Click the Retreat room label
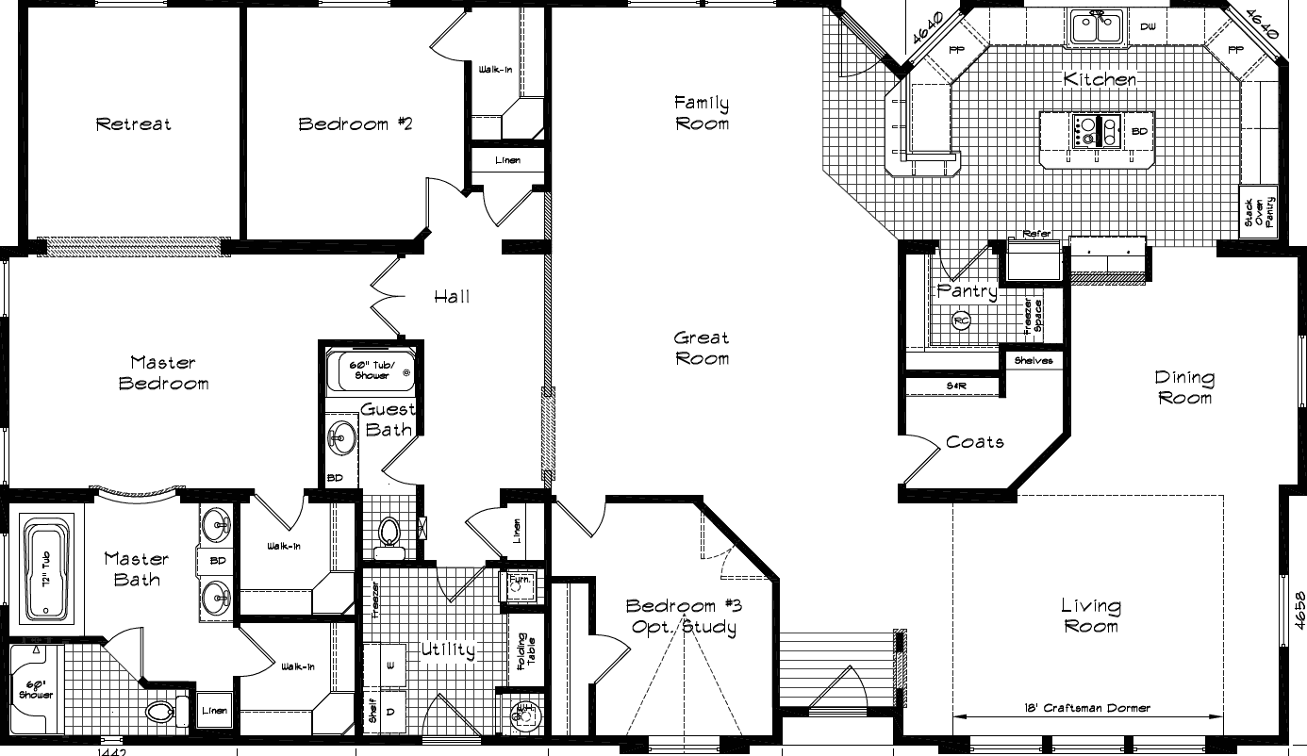(134, 123)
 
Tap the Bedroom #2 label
(356, 123)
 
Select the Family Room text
(702, 112)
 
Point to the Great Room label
(702, 348)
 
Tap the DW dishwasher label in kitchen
(1148, 26)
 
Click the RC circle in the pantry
(961, 320)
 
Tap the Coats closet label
(975, 441)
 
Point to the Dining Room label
(1184, 387)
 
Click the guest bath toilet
(389, 534)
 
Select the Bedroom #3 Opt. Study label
(681, 616)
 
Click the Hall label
(452, 297)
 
